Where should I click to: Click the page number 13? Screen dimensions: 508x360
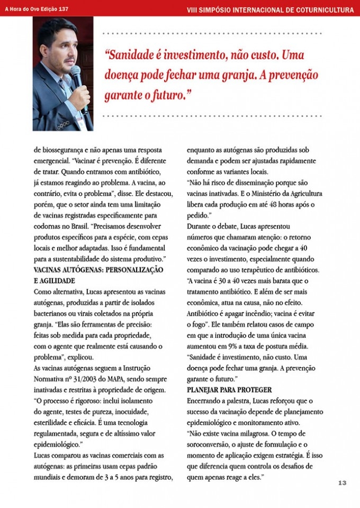pos(342,483)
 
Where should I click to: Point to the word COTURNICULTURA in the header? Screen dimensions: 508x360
pos(320,10)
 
